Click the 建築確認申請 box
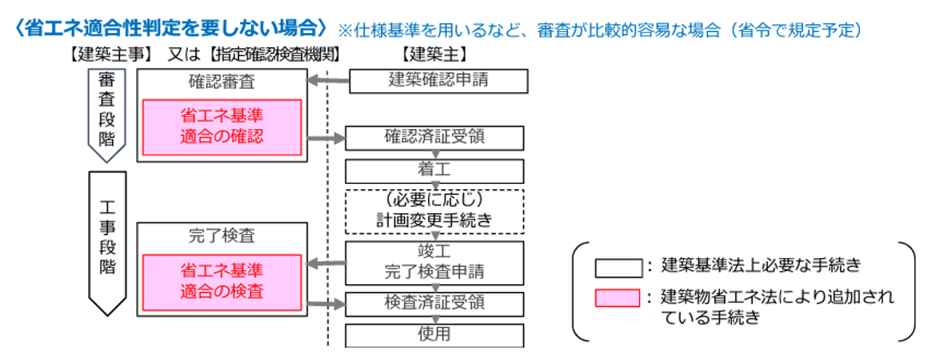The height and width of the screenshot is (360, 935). click(438, 80)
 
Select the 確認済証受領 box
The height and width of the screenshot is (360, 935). click(434, 138)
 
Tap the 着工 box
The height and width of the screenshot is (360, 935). click(434, 171)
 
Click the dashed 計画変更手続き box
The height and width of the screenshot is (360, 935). click(434, 209)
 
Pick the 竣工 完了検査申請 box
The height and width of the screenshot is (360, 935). click(434, 261)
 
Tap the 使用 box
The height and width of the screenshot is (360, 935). click(434, 335)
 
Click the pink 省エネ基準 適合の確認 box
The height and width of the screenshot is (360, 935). click(222, 127)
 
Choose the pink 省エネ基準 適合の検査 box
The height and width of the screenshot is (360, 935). click(222, 281)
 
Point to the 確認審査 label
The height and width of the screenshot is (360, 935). click(222, 80)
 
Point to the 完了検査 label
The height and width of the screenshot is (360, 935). click(222, 235)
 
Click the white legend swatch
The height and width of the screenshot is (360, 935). click(617, 267)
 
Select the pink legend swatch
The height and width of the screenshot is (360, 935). click(617, 297)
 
